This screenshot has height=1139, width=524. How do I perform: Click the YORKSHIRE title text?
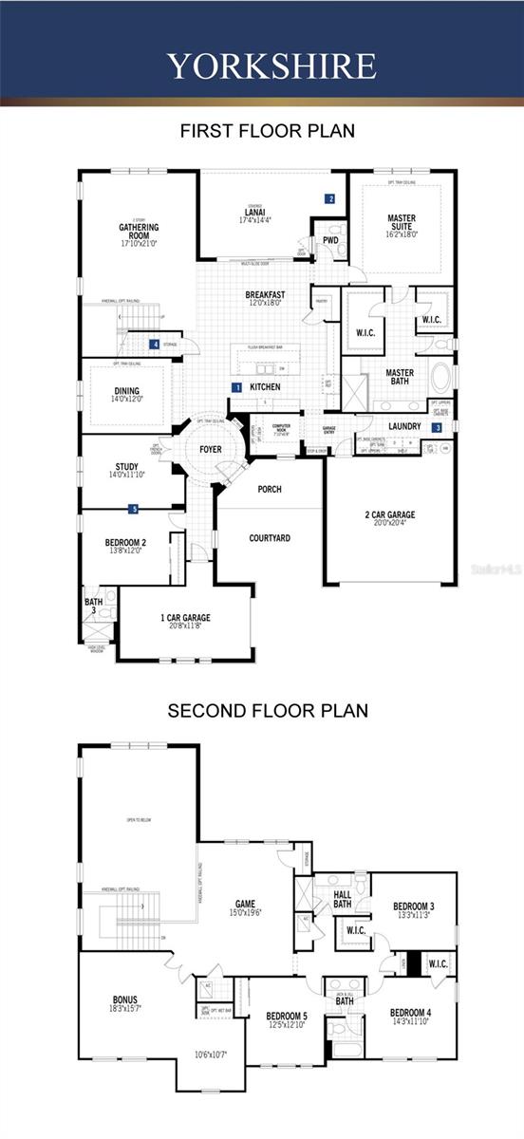[x=271, y=65]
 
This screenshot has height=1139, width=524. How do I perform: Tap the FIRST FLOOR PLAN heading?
[x=268, y=131]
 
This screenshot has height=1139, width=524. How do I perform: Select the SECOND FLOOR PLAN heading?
[x=268, y=710]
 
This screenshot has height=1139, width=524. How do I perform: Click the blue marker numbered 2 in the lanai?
[x=330, y=199]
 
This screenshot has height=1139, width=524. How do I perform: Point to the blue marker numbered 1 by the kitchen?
[x=237, y=387]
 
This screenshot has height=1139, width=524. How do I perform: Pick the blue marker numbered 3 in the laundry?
[x=437, y=428]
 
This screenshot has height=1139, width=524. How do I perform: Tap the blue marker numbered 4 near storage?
[x=155, y=345]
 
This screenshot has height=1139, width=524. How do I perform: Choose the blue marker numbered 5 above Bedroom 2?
[x=134, y=510]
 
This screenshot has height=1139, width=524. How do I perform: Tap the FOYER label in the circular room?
[x=211, y=449]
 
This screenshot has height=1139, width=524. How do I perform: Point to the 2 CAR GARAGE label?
[x=390, y=515]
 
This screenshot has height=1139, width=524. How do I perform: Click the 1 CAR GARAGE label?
[x=185, y=618]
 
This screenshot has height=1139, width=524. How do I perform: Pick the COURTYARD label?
[x=270, y=538]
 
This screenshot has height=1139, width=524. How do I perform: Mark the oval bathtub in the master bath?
[x=442, y=376]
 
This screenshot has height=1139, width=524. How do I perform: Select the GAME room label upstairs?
[x=245, y=904]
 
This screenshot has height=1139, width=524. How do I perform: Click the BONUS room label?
[x=125, y=999]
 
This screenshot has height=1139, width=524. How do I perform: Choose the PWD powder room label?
[x=330, y=241]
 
